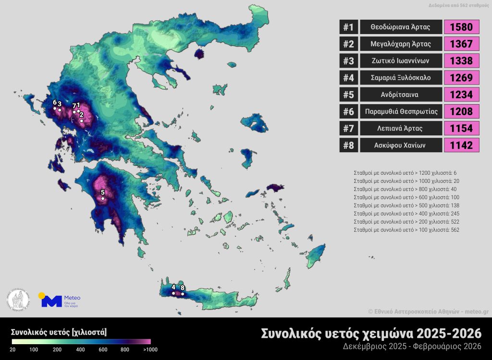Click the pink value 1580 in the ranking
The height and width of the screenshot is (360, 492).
pyautogui.click(x=462, y=27)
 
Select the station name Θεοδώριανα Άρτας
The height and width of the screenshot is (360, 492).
pyautogui.click(x=400, y=27)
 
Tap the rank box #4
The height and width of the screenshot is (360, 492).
pyautogui.click(x=348, y=77)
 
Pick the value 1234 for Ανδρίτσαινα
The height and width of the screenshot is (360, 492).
pyautogui.click(x=462, y=94)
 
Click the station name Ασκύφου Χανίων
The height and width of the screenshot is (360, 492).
pyautogui.click(x=400, y=145)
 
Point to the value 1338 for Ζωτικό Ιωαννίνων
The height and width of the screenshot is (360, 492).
pyautogui.click(x=462, y=60)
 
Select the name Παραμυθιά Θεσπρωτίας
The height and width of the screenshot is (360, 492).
pyautogui.click(x=400, y=111)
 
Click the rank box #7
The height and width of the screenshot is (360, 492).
pyautogui.click(x=348, y=128)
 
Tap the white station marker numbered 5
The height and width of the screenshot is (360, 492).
pyautogui.click(x=102, y=198)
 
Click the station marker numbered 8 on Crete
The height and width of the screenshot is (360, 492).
pyautogui.click(x=183, y=294)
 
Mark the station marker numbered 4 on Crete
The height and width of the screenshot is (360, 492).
pyautogui.click(x=173, y=293)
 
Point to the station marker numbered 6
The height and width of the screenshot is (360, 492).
pyautogui.click(x=55, y=108)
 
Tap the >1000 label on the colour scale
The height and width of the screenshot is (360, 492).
pyautogui.click(x=150, y=349)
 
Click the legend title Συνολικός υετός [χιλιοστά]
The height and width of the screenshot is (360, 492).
pyautogui.click(x=59, y=332)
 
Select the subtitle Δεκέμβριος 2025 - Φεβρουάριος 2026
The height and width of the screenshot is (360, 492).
pyautogui.click(x=412, y=346)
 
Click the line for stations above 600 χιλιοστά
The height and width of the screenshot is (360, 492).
pyautogui.click(x=406, y=197)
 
